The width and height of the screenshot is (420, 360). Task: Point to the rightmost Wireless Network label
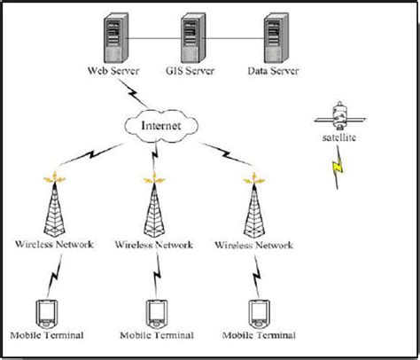pyautogui.click(x=253, y=242)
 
